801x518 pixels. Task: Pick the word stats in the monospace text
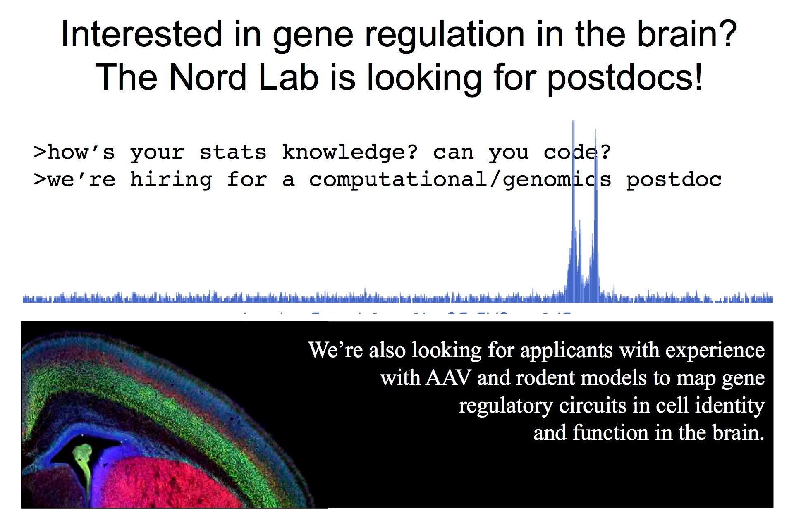point(233,153)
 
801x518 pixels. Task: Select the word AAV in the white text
point(448,377)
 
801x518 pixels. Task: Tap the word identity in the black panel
point(730,406)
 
